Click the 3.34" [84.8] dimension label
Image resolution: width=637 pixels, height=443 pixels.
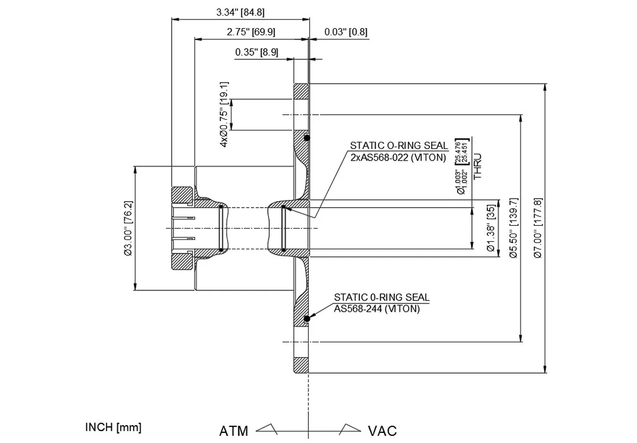[240, 11]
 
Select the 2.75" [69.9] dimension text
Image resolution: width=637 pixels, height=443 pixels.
[251, 32]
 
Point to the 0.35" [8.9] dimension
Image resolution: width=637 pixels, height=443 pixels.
[257, 52]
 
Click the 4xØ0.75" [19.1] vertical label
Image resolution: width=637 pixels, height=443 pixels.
[224, 114]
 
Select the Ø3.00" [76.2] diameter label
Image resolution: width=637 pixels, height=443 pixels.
[128, 227]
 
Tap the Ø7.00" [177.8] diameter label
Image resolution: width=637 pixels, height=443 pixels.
[537, 227]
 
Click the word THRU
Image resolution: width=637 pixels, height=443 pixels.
[477, 167]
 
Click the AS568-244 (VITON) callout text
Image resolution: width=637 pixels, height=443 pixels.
[377, 309]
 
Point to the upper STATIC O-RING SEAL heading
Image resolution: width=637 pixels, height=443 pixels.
[399, 145]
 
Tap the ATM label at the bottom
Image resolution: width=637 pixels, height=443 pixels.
[233, 431]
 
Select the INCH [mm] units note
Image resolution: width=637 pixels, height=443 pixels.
[114, 427]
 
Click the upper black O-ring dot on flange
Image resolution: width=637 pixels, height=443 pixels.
[306, 138]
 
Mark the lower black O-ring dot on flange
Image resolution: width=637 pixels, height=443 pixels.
[306, 318]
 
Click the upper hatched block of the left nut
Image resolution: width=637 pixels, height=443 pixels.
[182, 195]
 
